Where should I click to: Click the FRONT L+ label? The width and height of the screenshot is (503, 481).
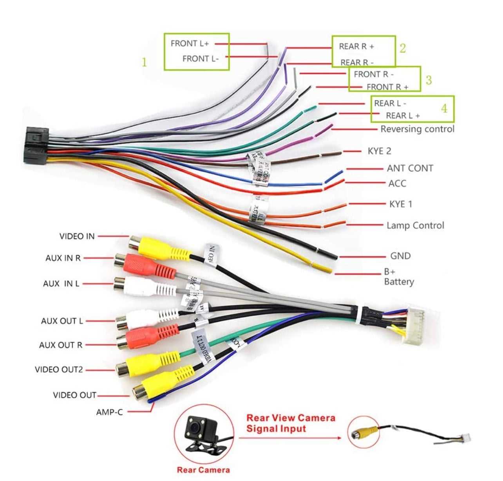coord(190,43)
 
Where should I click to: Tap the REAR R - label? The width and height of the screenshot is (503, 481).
coord(357,62)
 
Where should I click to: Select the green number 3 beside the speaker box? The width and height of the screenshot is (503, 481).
coord(429,80)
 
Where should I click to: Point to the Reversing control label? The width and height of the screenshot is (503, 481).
coord(417,129)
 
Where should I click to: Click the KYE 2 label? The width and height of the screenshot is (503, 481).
coord(379,151)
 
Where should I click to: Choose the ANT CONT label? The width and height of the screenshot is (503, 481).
coord(410,168)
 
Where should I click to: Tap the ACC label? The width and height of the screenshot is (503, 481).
coord(397,183)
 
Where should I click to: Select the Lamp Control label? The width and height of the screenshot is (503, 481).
coord(415,225)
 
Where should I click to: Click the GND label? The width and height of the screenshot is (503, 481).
coord(400,256)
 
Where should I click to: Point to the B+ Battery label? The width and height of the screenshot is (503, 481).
coord(398,277)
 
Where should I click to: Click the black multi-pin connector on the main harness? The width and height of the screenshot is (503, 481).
coord(36,145)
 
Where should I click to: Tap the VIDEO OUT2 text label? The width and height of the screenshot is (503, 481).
coord(59,369)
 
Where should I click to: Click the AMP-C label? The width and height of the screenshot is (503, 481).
coord(109,412)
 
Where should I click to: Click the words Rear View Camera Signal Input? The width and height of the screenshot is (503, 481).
coord(290,423)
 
